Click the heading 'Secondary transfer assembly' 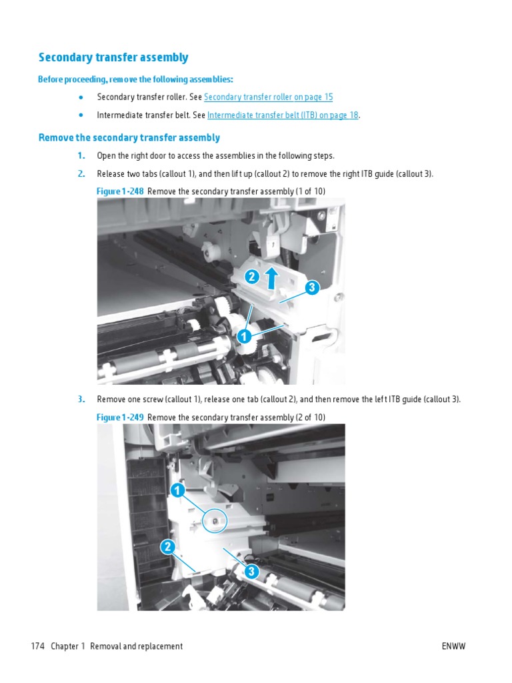[113, 57]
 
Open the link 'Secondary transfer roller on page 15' [268, 97]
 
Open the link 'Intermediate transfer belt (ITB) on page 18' [283, 115]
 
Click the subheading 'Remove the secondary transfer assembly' [129, 138]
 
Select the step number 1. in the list [81, 156]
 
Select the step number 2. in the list [81, 174]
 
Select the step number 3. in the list [81, 400]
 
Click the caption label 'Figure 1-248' [120, 192]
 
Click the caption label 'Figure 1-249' [120, 418]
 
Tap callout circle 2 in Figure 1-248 [251, 277]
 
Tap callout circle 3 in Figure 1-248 [311, 288]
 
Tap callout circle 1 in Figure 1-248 [245, 337]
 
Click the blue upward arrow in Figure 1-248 [272, 277]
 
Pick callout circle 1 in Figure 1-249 [177, 491]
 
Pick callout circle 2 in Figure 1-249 [168, 548]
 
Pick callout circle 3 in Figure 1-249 [251, 572]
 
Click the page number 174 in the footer [37, 646]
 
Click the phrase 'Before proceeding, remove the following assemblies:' [135, 80]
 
